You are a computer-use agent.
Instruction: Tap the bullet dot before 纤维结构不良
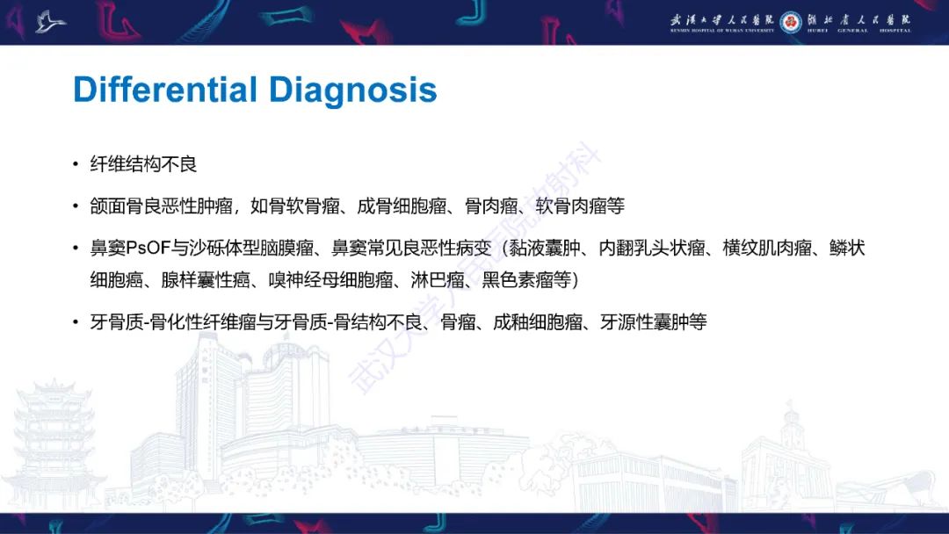[x=76, y=164]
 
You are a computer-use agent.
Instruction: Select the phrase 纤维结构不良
[x=144, y=164]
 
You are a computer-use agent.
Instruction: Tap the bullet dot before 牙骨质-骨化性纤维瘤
[x=76, y=322]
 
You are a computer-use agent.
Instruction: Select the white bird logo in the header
[x=50, y=21]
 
